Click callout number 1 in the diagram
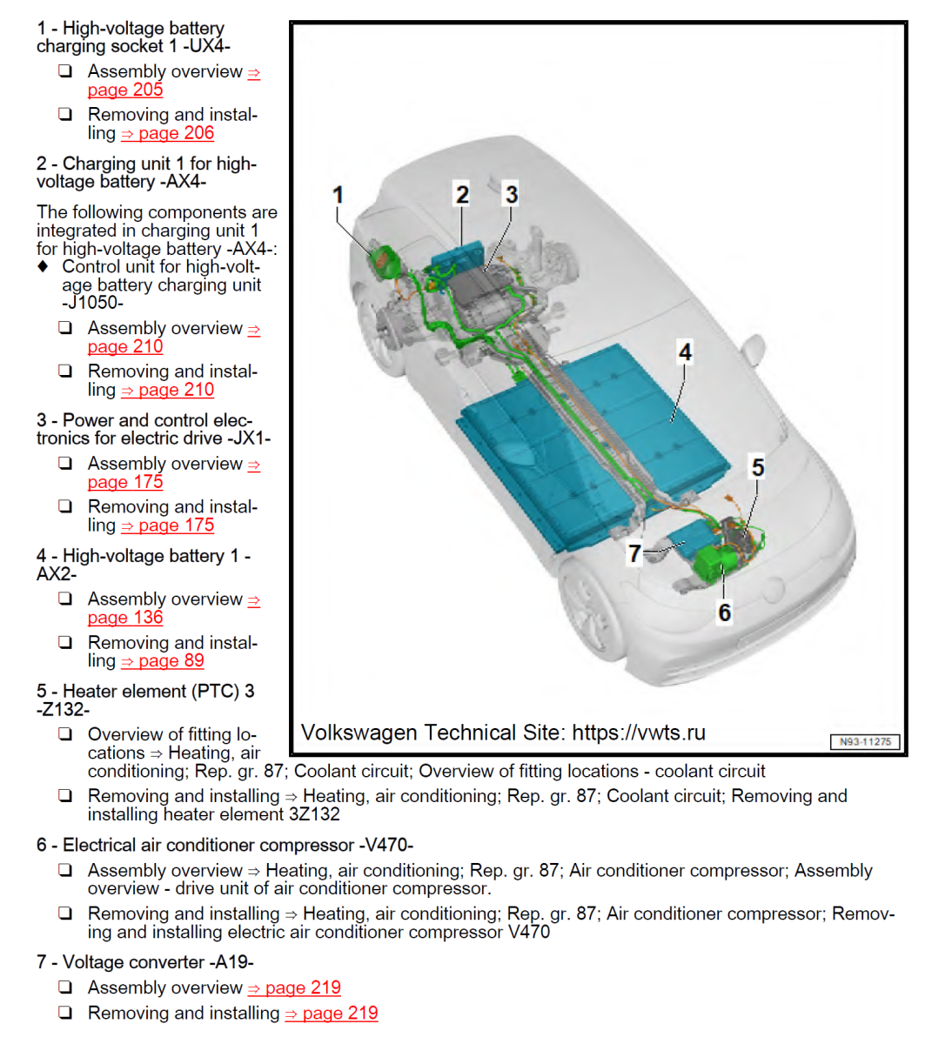pyautogui.click(x=339, y=195)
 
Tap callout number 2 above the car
pyautogui.click(x=462, y=195)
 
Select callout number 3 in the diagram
pyautogui.click(x=512, y=195)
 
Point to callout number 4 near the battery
pyautogui.click(x=685, y=352)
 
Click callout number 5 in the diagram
pyautogui.click(x=758, y=468)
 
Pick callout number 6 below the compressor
pyautogui.click(x=724, y=612)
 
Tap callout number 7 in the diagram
pyautogui.click(x=634, y=553)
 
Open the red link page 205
pyautogui.click(x=125, y=90)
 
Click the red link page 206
pyautogui.click(x=176, y=133)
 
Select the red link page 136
pyautogui.click(x=125, y=618)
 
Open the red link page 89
pyautogui.click(x=171, y=661)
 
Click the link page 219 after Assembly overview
pyautogui.click(x=302, y=988)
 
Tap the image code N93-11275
pyautogui.click(x=865, y=742)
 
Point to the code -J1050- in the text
pyautogui.click(x=93, y=304)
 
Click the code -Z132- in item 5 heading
pyautogui.click(x=64, y=710)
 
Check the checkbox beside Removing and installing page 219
pyautogui.click(x=65, y=1013)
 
